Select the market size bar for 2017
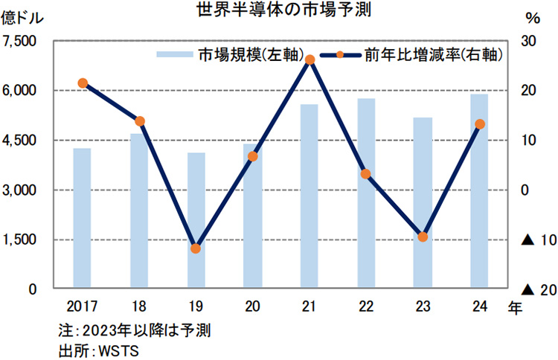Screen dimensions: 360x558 coord(82,218)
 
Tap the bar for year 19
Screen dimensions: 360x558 coord(196,220)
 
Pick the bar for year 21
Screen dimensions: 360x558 coord(310,196)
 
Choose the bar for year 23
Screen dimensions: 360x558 coord(423,202)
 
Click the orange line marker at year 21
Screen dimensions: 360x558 coord(310,60)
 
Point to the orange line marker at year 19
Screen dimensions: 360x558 coord(196,248)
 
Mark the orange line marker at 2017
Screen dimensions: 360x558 coord(83,83)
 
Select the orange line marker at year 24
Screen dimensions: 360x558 coord(480,124)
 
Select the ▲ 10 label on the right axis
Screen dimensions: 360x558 coord(536,240)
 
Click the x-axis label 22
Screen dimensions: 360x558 coord(366,306)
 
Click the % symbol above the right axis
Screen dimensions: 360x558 coord(531,17)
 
